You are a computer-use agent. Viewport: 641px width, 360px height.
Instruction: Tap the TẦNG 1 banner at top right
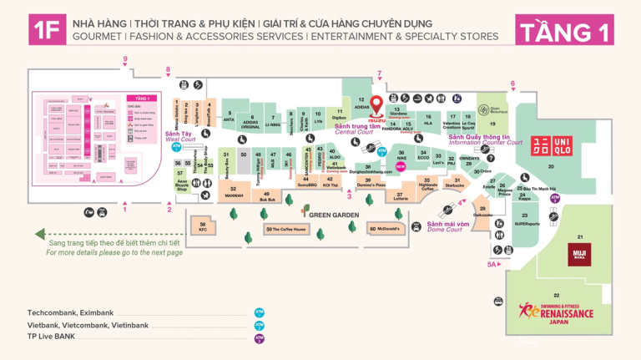(565, 31)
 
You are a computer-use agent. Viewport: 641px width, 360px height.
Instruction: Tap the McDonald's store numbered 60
(385, 228)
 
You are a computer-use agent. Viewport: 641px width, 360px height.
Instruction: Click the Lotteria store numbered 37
(401, 195)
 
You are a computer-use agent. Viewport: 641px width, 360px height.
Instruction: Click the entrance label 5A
(492, 265)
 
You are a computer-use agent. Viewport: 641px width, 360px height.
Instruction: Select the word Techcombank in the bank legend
(48, 312)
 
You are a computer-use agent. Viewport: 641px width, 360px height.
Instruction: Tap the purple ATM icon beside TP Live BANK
(260, 338)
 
